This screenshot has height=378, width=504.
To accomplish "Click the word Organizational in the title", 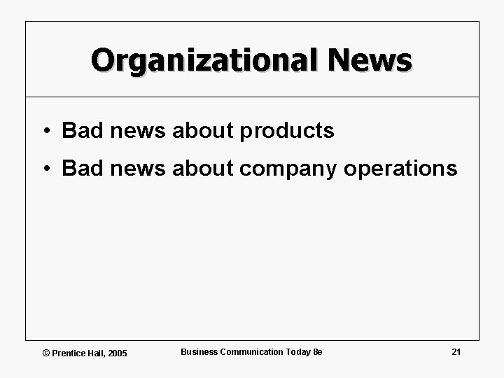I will click(204, 60).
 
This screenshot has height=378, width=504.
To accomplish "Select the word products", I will click(287, 131).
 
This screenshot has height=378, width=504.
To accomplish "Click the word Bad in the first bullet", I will click(80, 130).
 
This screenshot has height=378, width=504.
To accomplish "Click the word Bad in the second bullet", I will click(80, 169).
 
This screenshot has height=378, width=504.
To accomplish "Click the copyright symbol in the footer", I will click(46, 353).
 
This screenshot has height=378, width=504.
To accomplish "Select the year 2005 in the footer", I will click(117, 353).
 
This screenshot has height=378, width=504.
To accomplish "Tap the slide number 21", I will click(456, 351).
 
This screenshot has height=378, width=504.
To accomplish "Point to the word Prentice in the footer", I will click(68, 353).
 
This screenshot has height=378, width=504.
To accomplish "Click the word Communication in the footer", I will click(251, 351).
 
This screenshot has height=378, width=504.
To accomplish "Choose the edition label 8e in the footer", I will click(317, 351).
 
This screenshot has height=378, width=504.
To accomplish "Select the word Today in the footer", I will click(297, 351).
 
